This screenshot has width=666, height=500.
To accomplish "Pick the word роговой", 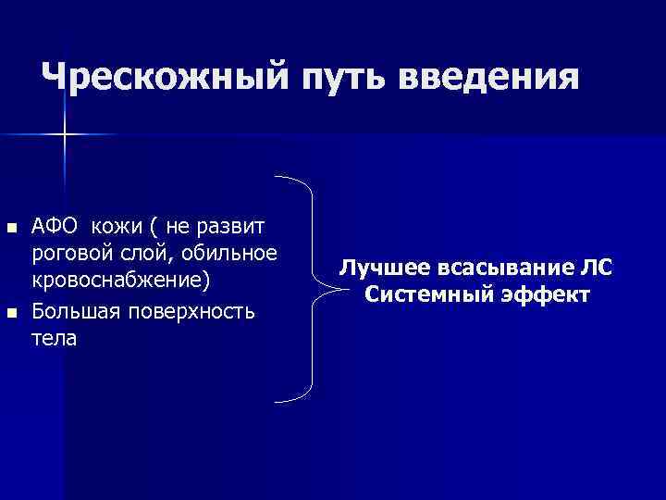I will click(69, 252).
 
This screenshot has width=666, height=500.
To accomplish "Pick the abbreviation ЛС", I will click(595, 269).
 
